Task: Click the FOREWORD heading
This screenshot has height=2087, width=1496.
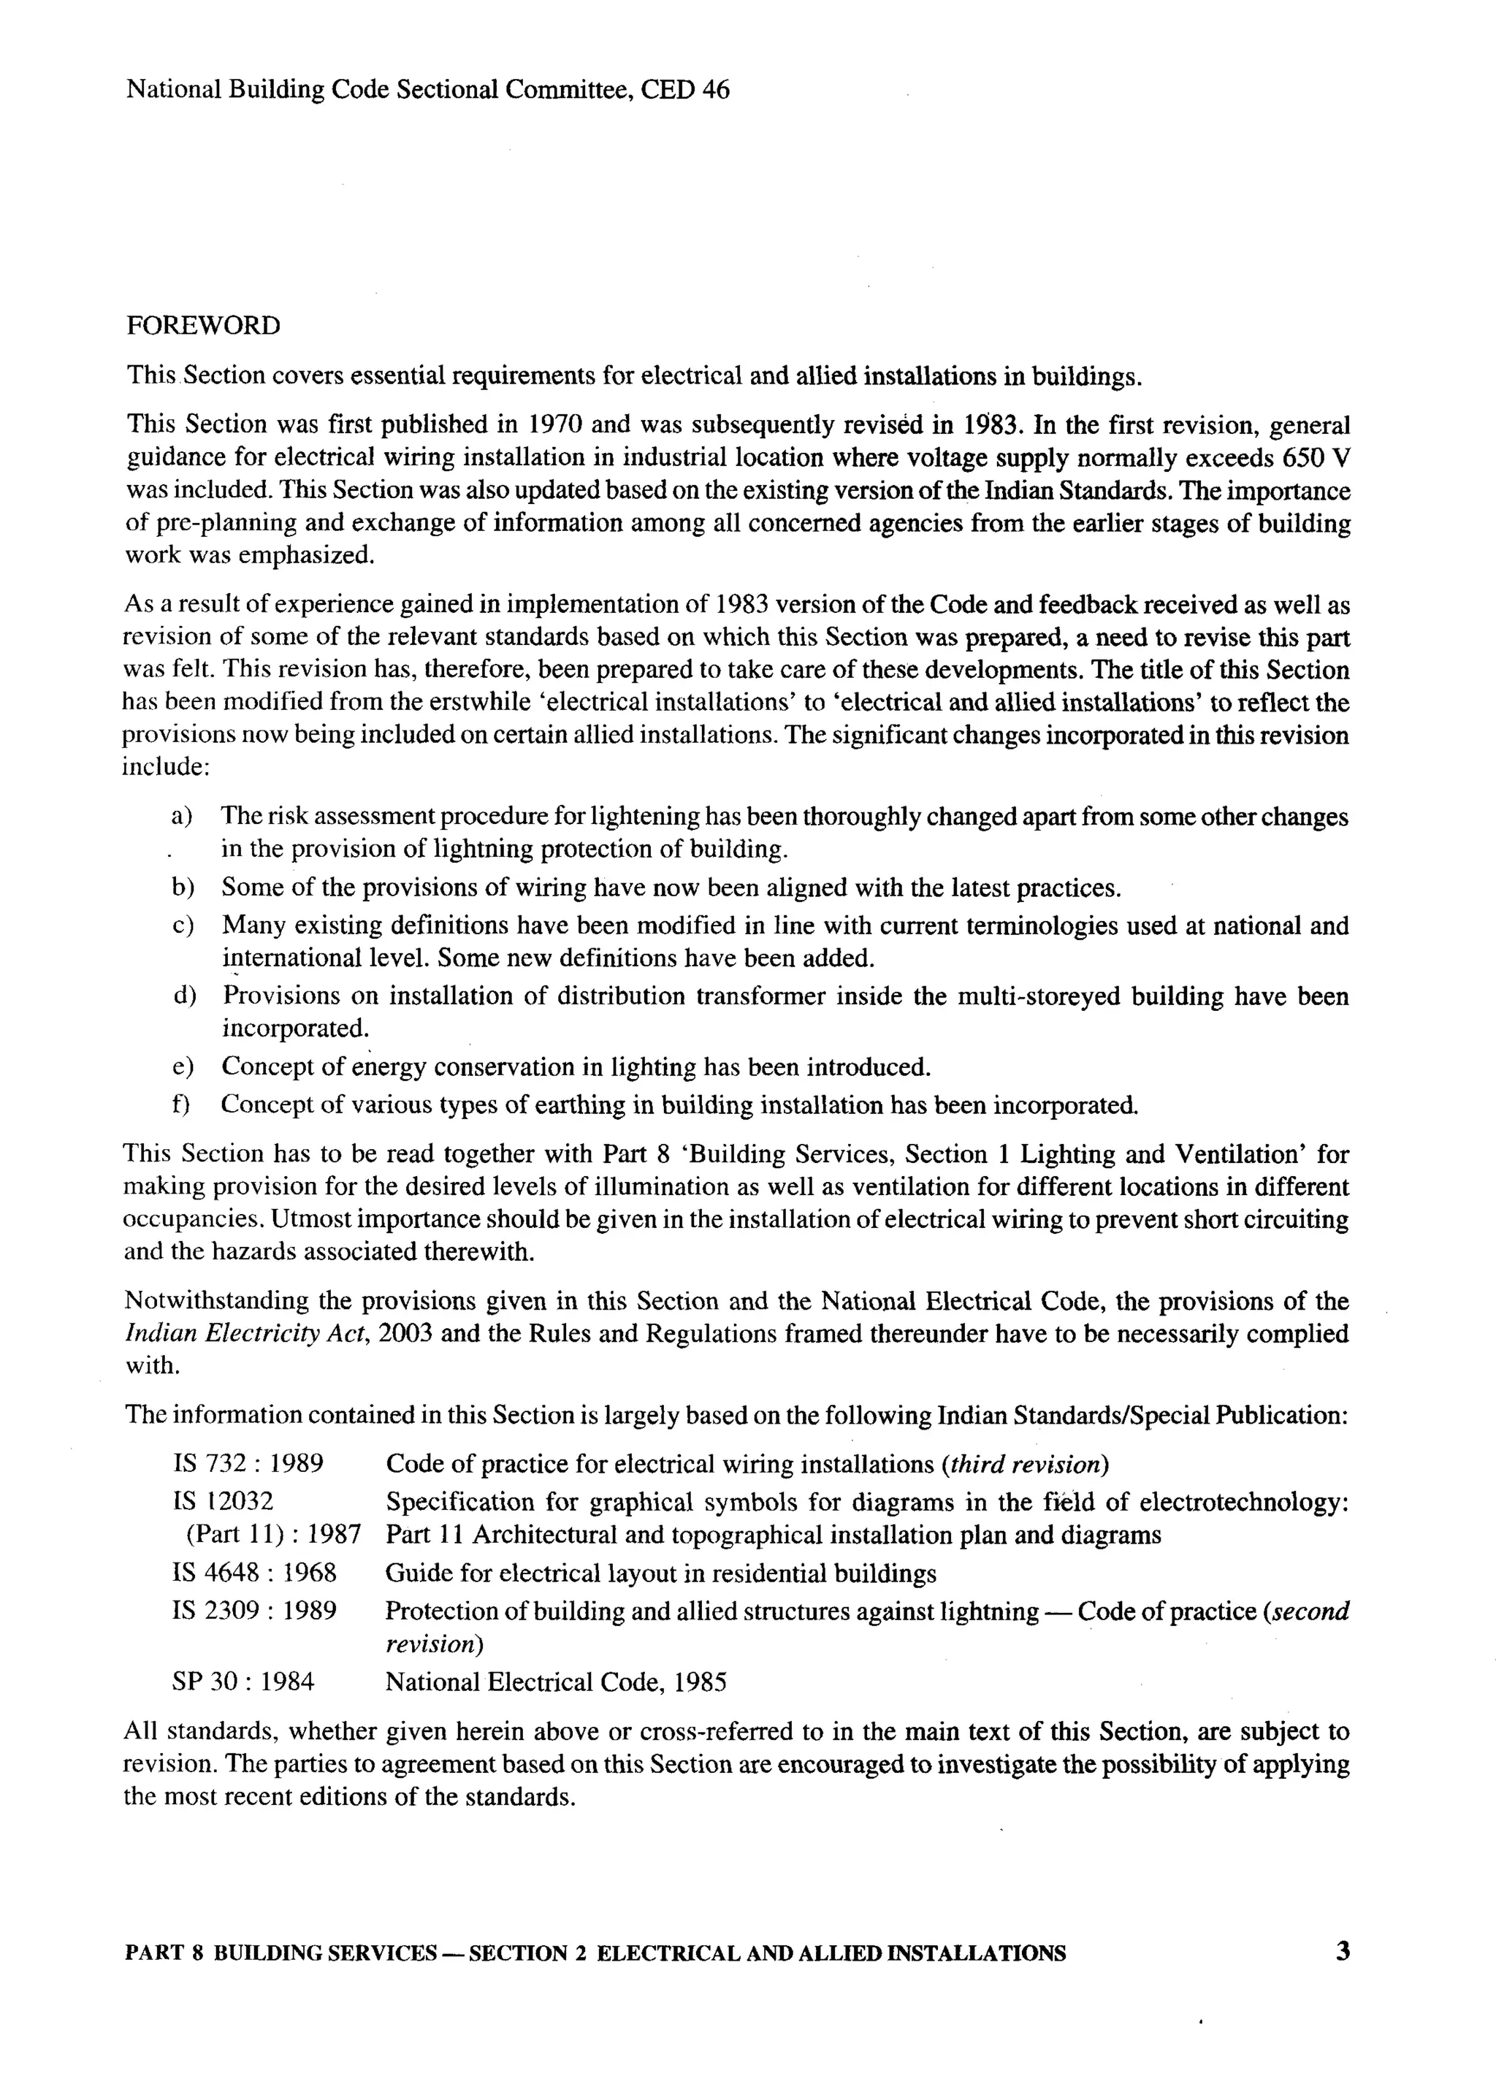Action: [202, 326]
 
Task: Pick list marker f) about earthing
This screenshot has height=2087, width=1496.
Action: [181, 1104]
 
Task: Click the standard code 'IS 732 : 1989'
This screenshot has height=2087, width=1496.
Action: [248, 1464]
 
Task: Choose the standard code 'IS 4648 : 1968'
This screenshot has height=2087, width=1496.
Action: [254, 1573]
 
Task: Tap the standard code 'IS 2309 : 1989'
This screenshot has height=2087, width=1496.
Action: [254, 1611]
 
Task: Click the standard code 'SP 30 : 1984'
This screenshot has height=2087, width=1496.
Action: [243, 1682]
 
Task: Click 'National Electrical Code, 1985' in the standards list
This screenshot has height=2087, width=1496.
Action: [556, 1682]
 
